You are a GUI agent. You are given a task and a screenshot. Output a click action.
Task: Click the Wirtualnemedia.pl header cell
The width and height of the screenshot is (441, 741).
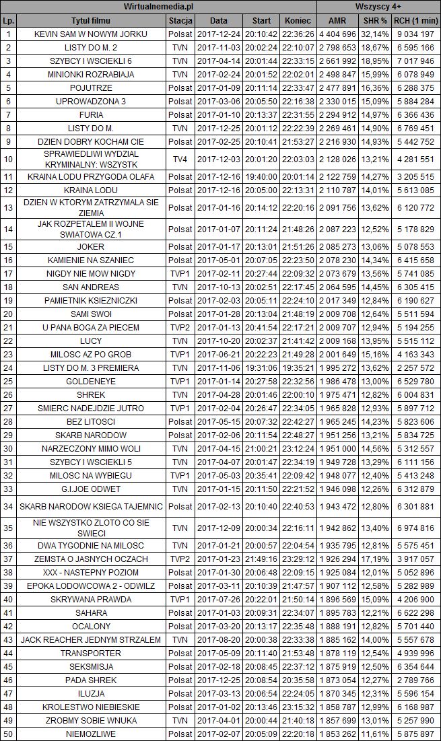coord(159,6)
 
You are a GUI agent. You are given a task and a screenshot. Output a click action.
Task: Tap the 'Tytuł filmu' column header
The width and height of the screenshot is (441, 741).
coord(91,20)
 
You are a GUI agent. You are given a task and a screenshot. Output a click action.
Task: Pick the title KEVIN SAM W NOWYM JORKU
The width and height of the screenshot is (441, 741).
coord(91,34)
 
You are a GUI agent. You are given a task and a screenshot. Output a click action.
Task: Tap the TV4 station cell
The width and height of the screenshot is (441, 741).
coord(180,159)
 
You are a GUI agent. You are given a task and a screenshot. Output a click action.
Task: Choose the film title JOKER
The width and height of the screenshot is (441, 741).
coord(91,246)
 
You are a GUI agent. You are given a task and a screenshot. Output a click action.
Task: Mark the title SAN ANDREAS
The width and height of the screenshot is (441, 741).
coord(91,287)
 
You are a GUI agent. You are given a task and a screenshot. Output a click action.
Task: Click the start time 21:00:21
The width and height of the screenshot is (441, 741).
coord(257,448)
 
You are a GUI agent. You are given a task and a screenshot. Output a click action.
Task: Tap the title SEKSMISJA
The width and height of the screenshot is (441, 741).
coord(91,666)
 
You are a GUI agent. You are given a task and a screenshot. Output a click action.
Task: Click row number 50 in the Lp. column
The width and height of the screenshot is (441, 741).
coord(8,734)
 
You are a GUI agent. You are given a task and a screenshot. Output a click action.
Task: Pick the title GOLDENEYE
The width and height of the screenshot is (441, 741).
coord(91,381)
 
